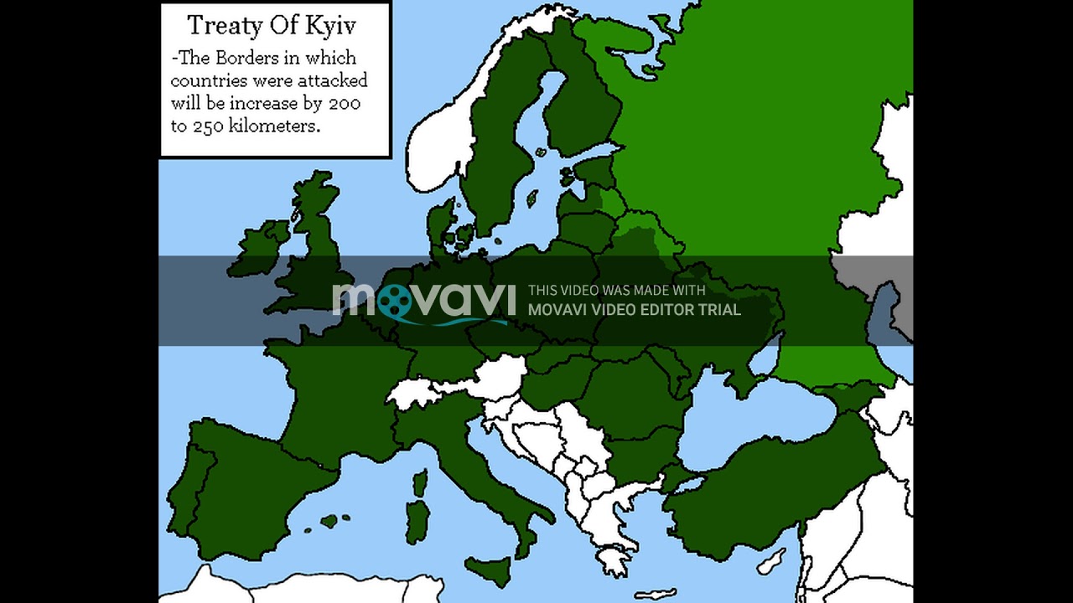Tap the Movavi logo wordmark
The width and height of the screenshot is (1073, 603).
(424, 300)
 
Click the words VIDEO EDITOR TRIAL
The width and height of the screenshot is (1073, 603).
(666, 310)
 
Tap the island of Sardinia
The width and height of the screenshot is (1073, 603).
(417, 520)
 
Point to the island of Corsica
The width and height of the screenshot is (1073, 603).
(420, 483)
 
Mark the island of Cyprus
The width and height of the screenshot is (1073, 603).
(772, 561)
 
